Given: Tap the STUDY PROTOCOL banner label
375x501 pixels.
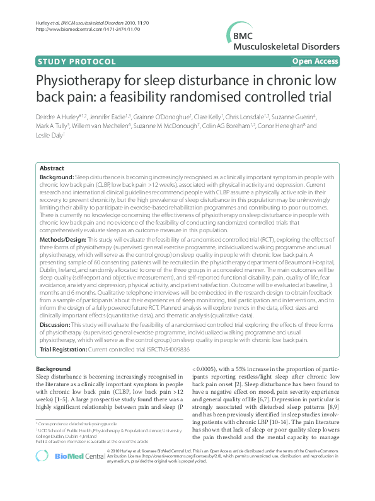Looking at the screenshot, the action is click(77, 61).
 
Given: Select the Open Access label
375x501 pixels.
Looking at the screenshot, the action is click(315, 61).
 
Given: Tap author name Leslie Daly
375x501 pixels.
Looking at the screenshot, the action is click(49, 134).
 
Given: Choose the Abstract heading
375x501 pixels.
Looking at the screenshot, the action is click(52, 168).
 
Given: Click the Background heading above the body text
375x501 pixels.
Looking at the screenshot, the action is click(53, 368).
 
